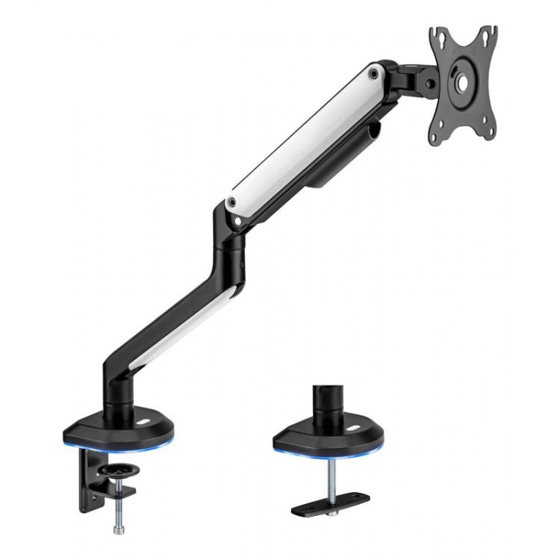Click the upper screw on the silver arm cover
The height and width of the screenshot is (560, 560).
click(x=373, y=73)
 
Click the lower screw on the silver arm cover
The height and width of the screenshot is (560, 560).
click(x=233, y=202)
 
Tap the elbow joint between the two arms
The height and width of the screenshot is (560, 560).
click(x=231, y=239)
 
